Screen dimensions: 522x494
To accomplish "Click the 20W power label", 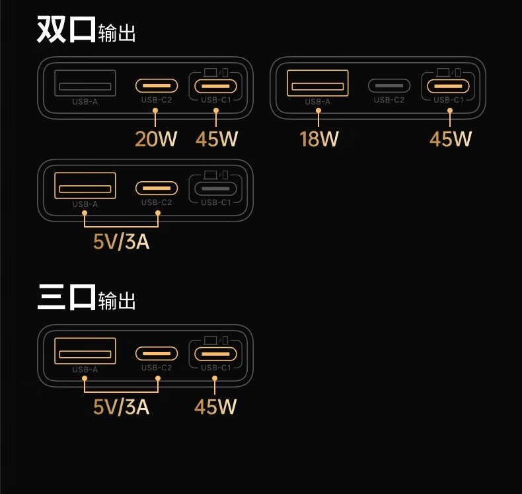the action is [156, 139].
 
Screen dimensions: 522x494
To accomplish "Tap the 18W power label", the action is [319, 139].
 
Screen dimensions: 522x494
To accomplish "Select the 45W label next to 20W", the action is [217, 139].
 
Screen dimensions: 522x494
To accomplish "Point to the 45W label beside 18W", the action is [451, 139].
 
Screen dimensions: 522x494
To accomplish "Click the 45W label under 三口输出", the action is [215, 407].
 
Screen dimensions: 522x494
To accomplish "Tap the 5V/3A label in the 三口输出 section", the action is [121, 407].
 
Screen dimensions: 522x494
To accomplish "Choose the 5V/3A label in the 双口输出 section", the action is [121, 241].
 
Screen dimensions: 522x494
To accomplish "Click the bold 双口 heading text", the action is [66, 29].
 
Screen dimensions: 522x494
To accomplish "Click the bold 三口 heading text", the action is [67, 297].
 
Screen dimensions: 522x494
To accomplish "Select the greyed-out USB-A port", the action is [85, 83].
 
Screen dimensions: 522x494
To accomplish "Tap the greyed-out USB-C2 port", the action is [389, 85].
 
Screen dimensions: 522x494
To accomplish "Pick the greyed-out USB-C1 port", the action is [215, 188].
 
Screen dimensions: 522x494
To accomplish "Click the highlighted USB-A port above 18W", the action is [318, 83].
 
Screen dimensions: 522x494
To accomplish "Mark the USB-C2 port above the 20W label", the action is [157, 85].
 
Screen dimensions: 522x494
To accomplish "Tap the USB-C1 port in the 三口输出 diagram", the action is [215, 354].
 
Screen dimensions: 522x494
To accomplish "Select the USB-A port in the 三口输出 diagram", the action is [85, 350].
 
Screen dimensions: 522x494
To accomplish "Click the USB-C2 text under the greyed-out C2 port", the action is [389, 100].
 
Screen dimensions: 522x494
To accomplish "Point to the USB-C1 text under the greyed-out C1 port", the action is [215, 202].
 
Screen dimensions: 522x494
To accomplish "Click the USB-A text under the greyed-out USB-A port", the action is [85, 102].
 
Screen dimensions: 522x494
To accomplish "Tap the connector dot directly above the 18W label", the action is [318, 111].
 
